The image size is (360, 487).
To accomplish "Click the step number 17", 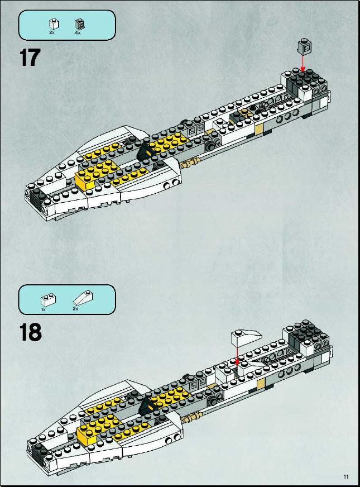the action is [x=30, y=58].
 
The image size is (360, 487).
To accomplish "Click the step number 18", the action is [x=30, y=332].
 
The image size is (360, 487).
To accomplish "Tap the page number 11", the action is [x=346, y=476].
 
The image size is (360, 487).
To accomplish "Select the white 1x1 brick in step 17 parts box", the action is [x=54, y=23].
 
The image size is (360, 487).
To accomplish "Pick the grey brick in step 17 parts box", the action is [x=80, y=24].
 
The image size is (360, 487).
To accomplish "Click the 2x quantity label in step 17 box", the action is [x=52, y=32].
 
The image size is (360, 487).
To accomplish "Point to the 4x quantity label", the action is [x=78, y=32].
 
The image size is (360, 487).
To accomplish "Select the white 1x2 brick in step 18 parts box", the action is [x=49, y=300].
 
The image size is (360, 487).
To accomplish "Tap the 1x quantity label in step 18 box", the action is [x=44, y=309].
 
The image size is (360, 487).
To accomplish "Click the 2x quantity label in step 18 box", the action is [x=75, y=308].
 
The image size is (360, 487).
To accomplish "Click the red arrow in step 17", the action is [x=303, y=62].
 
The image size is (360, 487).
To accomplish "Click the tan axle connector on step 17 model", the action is [x=190, y=162].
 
